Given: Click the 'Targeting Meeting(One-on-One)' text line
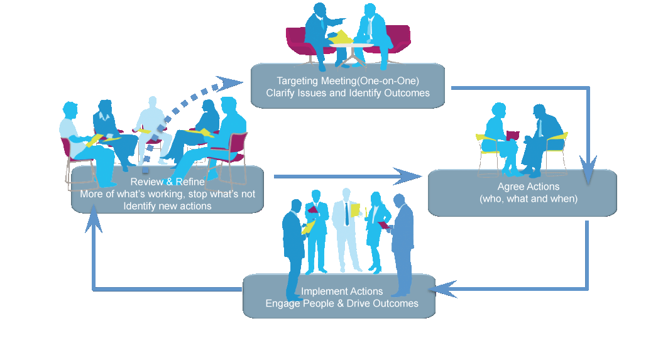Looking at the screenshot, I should point(348,81).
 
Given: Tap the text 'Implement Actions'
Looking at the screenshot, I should point(342,292).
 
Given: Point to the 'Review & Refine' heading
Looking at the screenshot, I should point(168,182).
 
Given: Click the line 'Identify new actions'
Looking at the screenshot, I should point(167,205).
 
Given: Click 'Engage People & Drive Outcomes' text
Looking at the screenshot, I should point(342,303).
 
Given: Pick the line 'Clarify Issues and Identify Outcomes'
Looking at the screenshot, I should point(348,93).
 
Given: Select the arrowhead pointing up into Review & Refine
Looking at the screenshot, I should point(94,214).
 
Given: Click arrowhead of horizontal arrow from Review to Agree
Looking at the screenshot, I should point(408,176).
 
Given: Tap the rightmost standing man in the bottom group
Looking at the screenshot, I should point(402,245).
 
